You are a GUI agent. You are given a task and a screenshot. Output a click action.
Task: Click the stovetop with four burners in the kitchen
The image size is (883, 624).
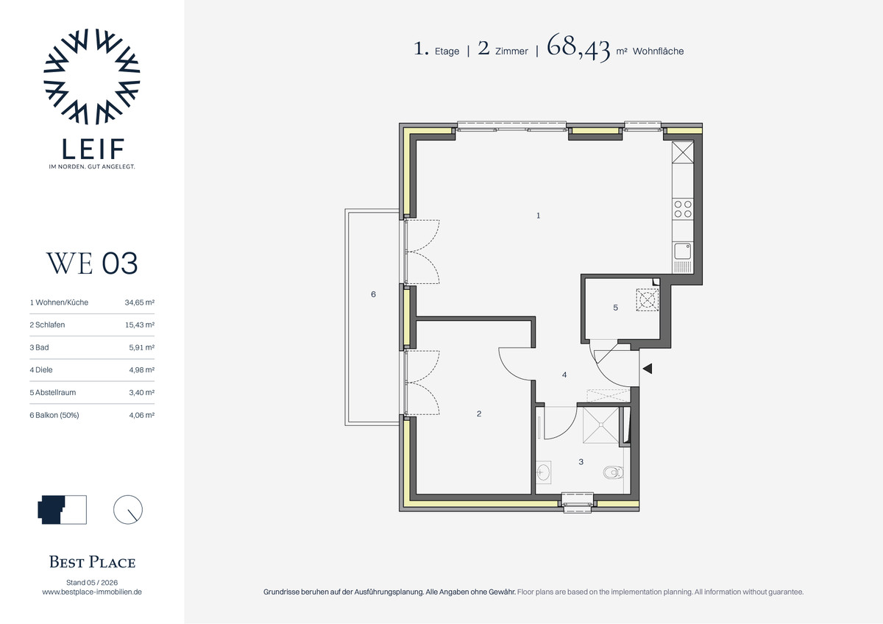[x=683, y=209]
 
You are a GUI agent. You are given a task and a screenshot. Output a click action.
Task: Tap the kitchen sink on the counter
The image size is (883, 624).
[x=683, y=251]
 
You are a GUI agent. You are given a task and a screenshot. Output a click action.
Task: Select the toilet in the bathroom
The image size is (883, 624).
[x=614, y=472]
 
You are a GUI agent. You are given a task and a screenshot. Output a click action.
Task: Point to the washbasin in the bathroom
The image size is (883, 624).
[x=544, y=472]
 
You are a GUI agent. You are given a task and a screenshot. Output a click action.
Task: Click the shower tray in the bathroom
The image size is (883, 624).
[x=600, y=425]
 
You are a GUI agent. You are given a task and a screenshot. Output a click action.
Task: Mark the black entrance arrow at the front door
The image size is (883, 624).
[x=648, y=369]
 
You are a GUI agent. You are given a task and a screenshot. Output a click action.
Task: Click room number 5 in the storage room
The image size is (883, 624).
[x=615, y=308]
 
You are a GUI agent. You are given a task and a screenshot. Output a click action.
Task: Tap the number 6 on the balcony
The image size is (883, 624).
[x=373, y=294]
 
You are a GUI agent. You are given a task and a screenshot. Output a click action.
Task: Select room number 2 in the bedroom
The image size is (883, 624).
[x=479, y=414]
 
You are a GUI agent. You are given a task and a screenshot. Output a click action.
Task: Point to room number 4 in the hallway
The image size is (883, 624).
[x=564, y=375]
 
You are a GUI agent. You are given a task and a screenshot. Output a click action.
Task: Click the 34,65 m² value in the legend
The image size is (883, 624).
[x=140, y=302]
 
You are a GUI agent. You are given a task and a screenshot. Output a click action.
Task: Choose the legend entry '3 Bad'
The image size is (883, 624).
[x=40, y=347]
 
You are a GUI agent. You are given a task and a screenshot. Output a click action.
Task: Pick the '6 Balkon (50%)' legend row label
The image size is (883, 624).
[x=54, y=415]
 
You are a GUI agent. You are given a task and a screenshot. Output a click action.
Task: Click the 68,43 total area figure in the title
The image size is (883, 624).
[x=578, y=48]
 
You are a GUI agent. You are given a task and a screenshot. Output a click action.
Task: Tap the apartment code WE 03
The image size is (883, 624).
[x=92, y=263]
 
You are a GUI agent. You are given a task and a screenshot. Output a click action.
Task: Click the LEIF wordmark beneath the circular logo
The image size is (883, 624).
[x=93, y=149]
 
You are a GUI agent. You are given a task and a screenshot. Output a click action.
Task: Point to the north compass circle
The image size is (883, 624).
[x=128, y=509]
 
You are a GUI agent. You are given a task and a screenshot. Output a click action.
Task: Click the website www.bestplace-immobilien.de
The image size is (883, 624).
[x=92, y=592]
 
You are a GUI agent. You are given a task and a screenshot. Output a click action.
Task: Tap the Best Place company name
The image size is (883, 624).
[x=92, y=561]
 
